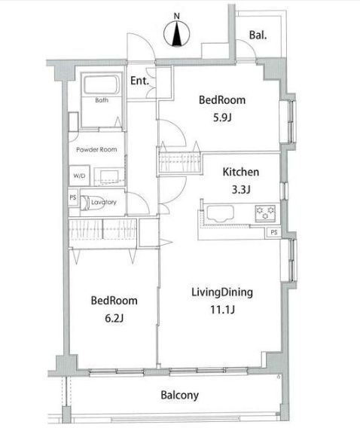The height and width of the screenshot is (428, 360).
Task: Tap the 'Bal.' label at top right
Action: click(x=259, y=35)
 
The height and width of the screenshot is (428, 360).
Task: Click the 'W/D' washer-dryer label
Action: click(x=78, y=176)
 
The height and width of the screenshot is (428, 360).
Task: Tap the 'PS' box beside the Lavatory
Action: click(x=73, y=200)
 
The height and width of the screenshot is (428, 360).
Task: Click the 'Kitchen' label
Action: click(x=239, y=172)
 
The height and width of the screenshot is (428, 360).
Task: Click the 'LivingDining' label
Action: click(x=220, y=292)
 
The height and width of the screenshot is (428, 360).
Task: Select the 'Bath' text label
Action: click(x=100, y=99)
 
